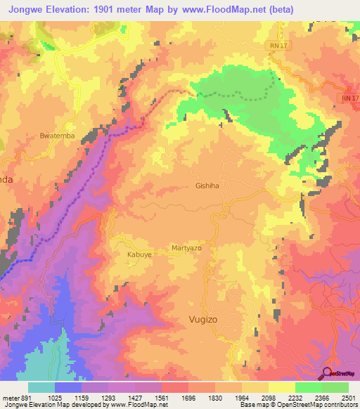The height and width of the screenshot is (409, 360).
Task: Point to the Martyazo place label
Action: (187, 249)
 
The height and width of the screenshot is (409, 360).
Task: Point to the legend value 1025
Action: (68, 398)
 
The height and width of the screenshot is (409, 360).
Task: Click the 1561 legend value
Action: (162, 398)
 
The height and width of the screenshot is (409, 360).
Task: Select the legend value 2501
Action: (346, 398)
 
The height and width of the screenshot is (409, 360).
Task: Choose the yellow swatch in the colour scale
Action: (281, 387)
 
